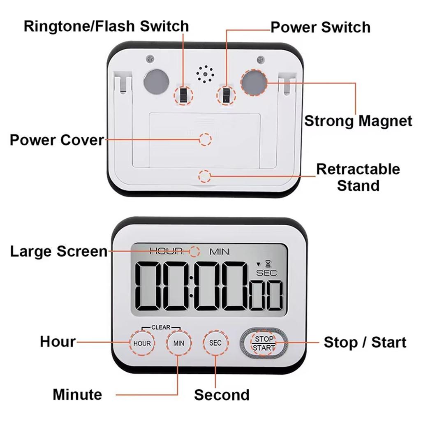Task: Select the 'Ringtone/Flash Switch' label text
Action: tap(106, 26)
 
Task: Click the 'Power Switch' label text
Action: tap(320, 27)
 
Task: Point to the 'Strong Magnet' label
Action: tap(358, 121)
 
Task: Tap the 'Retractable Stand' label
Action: tap(358, 177)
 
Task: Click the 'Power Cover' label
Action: tap(57, 140)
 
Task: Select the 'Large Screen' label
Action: tap(58, 251)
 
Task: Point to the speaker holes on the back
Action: tap(205, 74)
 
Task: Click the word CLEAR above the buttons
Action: tap(161, 327)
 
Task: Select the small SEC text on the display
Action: tap(267, 273)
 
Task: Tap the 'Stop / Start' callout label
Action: tap(365, 342)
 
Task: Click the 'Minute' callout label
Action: tap(77, 395)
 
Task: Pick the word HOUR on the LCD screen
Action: tap(166, 251)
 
